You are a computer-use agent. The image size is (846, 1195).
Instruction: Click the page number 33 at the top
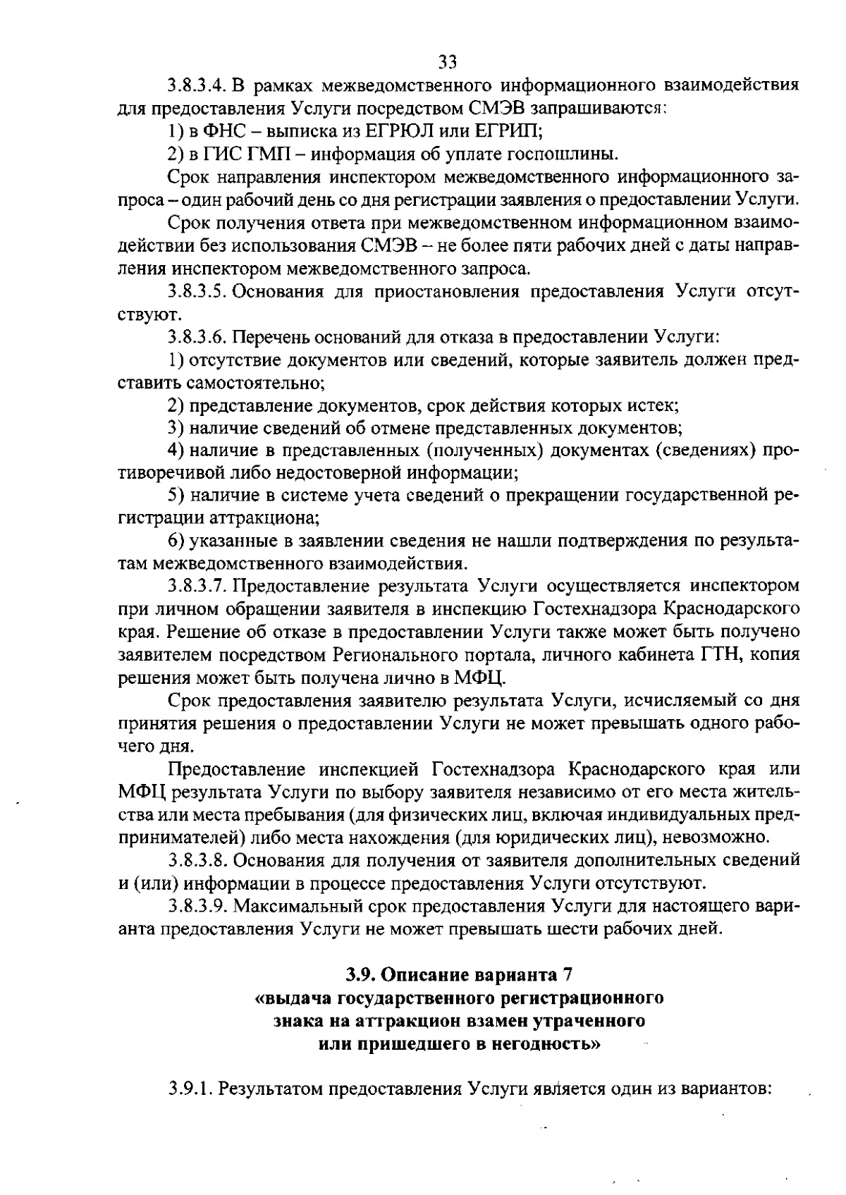(x=448, y=62)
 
